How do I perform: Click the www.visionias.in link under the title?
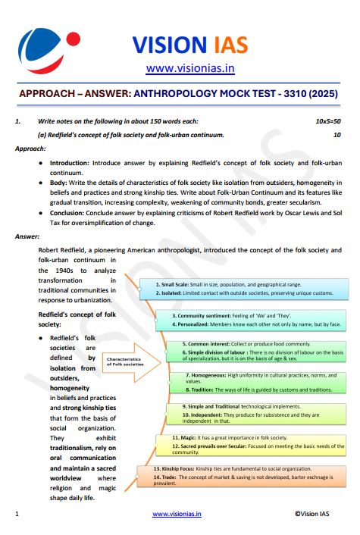[x=189, y=69]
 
